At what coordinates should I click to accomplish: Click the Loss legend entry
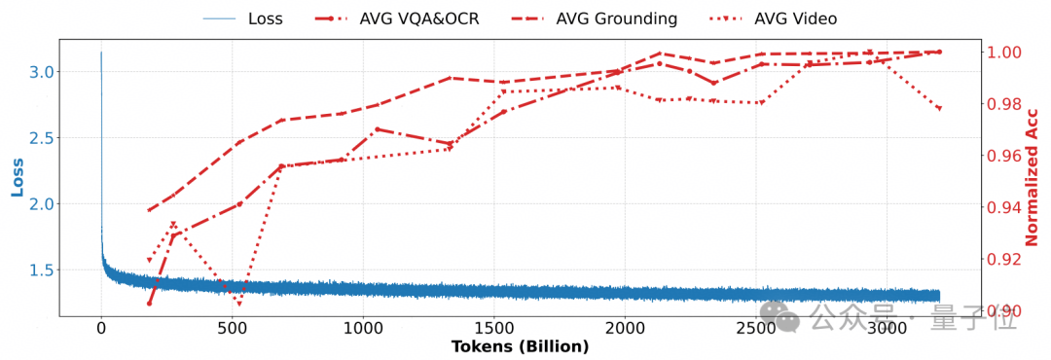pos(242,18)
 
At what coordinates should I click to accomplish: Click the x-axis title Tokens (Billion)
pos(520,346)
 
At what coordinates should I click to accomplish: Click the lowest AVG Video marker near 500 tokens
pos(239,304)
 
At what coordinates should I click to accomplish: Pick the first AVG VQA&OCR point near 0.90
pos(150,304)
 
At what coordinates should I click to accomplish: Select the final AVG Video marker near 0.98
pos(939,109)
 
